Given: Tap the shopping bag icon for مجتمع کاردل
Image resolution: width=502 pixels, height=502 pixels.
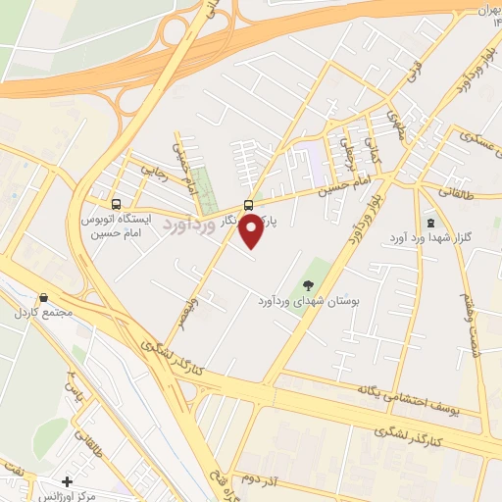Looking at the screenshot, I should point(43,298).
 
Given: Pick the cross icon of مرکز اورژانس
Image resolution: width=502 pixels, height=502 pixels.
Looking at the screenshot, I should point(67,481).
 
